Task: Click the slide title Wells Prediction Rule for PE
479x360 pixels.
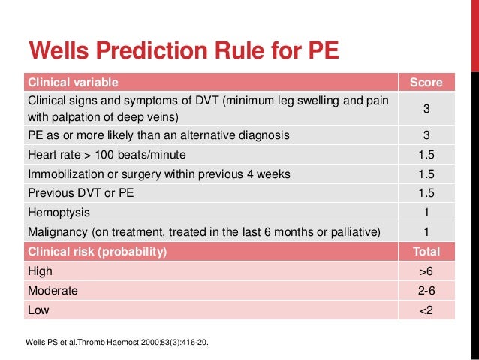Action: [x=183, y=50]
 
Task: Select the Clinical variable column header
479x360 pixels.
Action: [x=73, y=82]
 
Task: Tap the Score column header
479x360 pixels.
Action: [x=426, y=82]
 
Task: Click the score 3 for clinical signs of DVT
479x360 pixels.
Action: [x=426, y=109]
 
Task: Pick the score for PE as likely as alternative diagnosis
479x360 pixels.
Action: [x=426, y=135]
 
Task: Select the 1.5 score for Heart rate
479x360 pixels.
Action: [x=426, y=155]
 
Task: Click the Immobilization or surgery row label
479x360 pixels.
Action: [x=158, y=174]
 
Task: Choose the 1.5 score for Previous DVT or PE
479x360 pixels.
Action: [x=426, y=193]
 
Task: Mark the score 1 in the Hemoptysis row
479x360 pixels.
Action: [x=426, y=213]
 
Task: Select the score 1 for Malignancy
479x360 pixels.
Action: [x=426, y=231]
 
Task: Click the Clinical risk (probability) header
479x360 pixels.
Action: [x=97, y=251]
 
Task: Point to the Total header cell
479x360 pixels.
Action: [x=426, y=251]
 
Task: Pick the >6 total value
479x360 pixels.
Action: [x=426, y=271]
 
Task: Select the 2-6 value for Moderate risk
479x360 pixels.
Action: [x=426, y=289]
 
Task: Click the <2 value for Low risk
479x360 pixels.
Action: [x=426, y=309]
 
